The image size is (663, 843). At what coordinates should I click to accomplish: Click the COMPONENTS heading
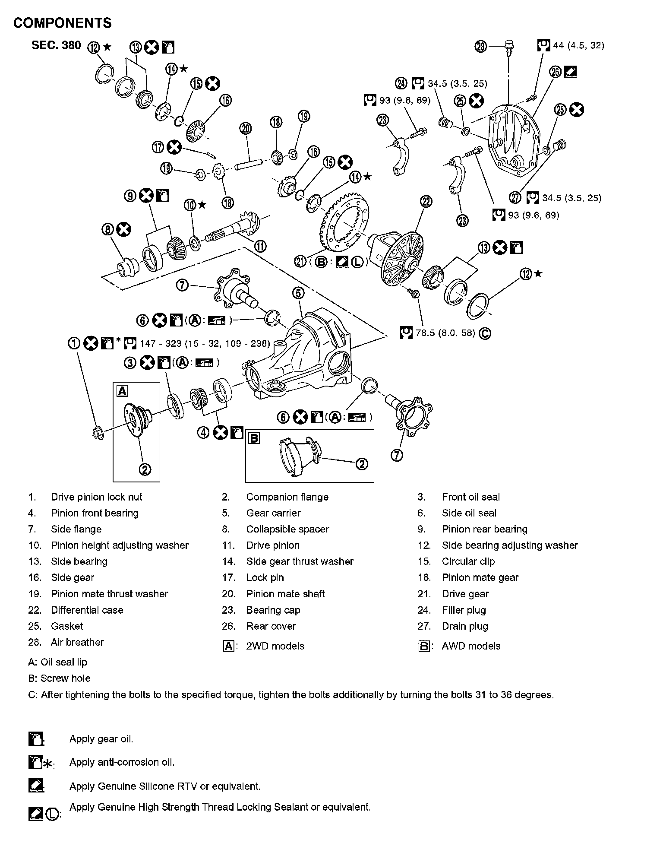point(62,23)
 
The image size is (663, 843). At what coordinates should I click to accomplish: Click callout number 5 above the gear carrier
point(298,293)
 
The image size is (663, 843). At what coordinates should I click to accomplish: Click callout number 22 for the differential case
point(426,201)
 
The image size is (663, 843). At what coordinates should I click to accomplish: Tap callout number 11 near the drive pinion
point(260,246)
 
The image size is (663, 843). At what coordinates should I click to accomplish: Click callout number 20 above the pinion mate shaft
point(246,128)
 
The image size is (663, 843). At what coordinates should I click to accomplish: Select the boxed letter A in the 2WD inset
point(123,391)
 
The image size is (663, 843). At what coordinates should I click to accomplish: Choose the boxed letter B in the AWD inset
point(254,439)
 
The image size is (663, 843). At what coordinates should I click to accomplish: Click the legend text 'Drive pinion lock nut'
point(96,497)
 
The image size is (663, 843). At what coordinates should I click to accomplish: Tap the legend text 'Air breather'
point(77,642)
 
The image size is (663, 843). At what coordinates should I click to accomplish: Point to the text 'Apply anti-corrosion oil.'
point(122,762)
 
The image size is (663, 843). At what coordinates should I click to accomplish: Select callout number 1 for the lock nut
point(75,343)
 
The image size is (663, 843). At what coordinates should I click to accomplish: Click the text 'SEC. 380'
point(56,45)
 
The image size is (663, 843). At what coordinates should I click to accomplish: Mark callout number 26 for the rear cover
point(556,72)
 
